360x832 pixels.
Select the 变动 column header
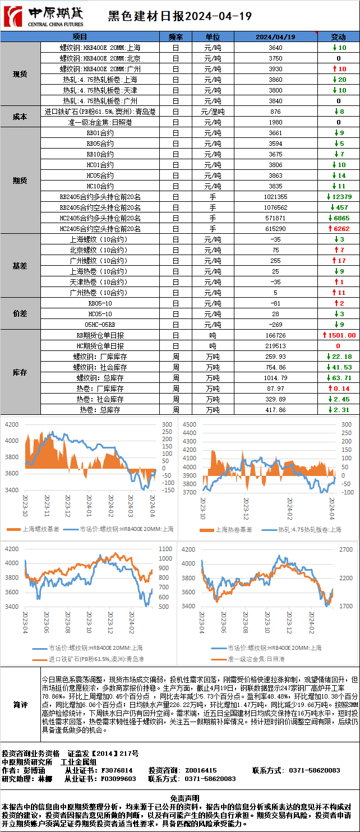pyautogui.click(x=338, y=36)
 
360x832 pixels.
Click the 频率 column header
pyautogui.click(x=176, y=36)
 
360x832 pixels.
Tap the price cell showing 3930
pyautogui.click(x=275, y=69)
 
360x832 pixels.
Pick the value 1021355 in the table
pyautogui.click(x=275, y=197)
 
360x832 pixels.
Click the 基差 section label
pyautogui.click(x=20, y=266)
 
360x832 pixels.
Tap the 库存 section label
pyautogui.click(x=20, y=372)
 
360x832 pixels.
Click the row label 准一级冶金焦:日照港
pyautogui.click(x=100, y=122)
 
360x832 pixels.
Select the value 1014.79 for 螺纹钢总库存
pyautogui.click(x=275, y=378)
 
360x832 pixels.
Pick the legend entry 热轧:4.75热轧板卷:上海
pyautogui.click(x=309, y=529)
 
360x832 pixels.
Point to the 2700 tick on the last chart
pyautogui.click(x=346, y=549)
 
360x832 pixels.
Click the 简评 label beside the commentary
pyautogui.click(x=20, y=704)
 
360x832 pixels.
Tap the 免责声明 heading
pyautogui.click(x=179, y=797)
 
